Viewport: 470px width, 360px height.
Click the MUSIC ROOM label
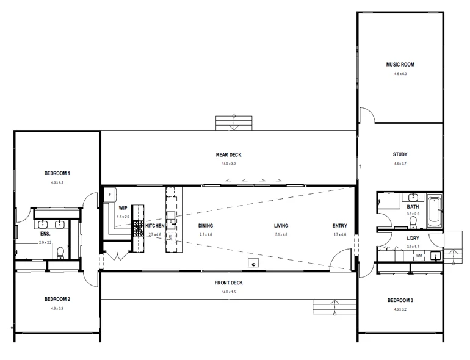point(400,65)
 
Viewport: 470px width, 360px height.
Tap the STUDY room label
point(400,154)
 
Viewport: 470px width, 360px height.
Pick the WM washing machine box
point(419,256)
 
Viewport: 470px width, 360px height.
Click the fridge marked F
point(110,195)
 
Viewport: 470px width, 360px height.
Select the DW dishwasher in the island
point(171,235)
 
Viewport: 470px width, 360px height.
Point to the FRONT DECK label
point(229,283)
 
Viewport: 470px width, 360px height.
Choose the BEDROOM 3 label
point(400,300)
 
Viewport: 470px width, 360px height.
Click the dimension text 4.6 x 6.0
point(400,73)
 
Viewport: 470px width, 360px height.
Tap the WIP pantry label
point(123,208)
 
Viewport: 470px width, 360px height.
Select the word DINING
point(206,226)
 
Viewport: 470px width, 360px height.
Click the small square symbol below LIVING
point(252,263)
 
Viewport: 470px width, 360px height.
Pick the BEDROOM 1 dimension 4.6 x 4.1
point(57,182)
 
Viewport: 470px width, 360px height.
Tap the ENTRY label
point(339,226)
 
